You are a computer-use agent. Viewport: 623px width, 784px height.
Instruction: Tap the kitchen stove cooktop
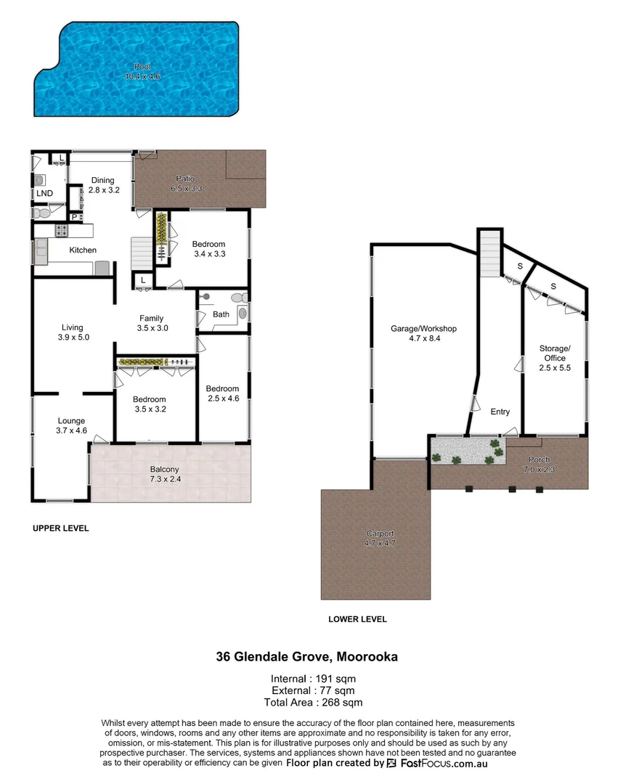62,232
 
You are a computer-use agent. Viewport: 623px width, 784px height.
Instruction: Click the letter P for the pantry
74,216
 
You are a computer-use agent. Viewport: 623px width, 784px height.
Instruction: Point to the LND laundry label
45,193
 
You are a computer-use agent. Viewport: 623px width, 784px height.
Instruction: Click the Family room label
151,318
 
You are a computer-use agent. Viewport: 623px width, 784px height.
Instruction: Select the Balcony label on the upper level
164,469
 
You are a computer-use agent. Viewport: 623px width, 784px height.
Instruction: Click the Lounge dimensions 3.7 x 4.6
71,430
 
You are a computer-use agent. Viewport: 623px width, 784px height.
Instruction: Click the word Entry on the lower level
500,412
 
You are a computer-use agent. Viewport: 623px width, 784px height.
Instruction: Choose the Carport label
379,534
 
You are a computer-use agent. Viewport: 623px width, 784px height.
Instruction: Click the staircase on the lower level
489,254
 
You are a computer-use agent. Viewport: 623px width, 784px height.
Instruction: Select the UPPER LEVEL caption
61,528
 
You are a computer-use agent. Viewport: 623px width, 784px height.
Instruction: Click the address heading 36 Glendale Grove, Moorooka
306,657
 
